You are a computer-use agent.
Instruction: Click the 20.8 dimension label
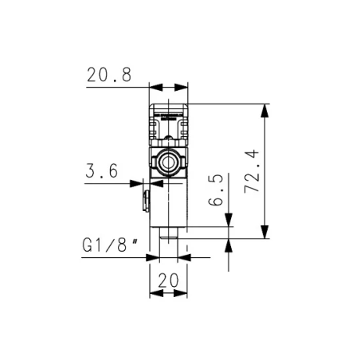coord(109,75)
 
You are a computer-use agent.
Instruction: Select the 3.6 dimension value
coord(102,170)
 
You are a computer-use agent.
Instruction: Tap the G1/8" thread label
coord(111,245)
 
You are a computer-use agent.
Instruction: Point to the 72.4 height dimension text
coord(252,171)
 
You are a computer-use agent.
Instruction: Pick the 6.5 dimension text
coord(216,190)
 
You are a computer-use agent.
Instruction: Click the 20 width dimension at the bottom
coord(168,280)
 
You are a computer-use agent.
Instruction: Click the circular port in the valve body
coord(168,162)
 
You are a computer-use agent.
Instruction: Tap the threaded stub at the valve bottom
coord(168,233)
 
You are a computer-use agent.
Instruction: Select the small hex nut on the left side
coord(146,201)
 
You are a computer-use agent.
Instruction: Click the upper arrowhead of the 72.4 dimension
coord(264,111)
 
